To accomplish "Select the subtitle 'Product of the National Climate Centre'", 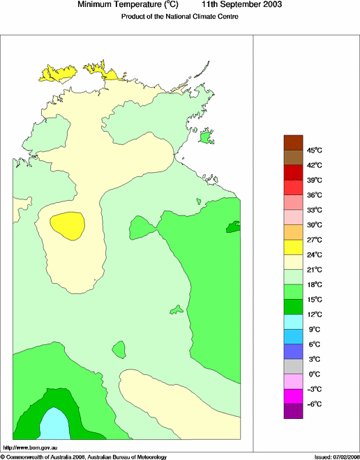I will tap(180, 17).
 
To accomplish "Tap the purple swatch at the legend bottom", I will tap(293, 411).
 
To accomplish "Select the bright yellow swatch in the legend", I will tap(293, 247).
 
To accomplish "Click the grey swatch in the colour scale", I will tap(293, 367).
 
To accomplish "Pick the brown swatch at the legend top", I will tap(293, 142).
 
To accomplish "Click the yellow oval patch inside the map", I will tap(68, 225).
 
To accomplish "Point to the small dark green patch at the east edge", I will tap(233, 227).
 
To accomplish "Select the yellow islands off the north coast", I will tap(59, 72).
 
